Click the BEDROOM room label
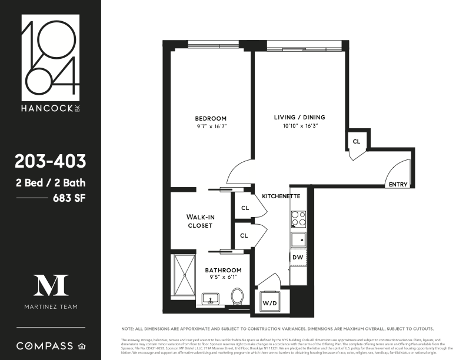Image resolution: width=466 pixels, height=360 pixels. (210, 118)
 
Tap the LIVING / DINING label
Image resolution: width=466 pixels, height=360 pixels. (299, 117)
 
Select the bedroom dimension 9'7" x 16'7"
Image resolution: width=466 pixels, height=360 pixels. (210, 126)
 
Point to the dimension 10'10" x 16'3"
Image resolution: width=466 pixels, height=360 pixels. (299, 125)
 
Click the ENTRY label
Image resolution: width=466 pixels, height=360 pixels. (398, 184)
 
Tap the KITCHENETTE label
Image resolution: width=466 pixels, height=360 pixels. (281, 195)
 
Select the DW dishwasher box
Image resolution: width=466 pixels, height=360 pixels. (298, 257)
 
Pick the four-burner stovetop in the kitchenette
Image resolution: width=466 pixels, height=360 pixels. (298, 219)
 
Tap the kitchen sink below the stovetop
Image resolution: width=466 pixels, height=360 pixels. (298, 239)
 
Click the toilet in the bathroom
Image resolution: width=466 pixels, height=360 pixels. (238, 295)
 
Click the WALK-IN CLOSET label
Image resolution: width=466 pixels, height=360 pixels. (201, 221)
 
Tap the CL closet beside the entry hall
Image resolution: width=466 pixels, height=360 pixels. (357, 142)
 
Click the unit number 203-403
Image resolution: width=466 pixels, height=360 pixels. (51, 161)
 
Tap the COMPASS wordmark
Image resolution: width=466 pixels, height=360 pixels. (45, 345)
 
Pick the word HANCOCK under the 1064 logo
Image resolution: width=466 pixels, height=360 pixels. (47, 108)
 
